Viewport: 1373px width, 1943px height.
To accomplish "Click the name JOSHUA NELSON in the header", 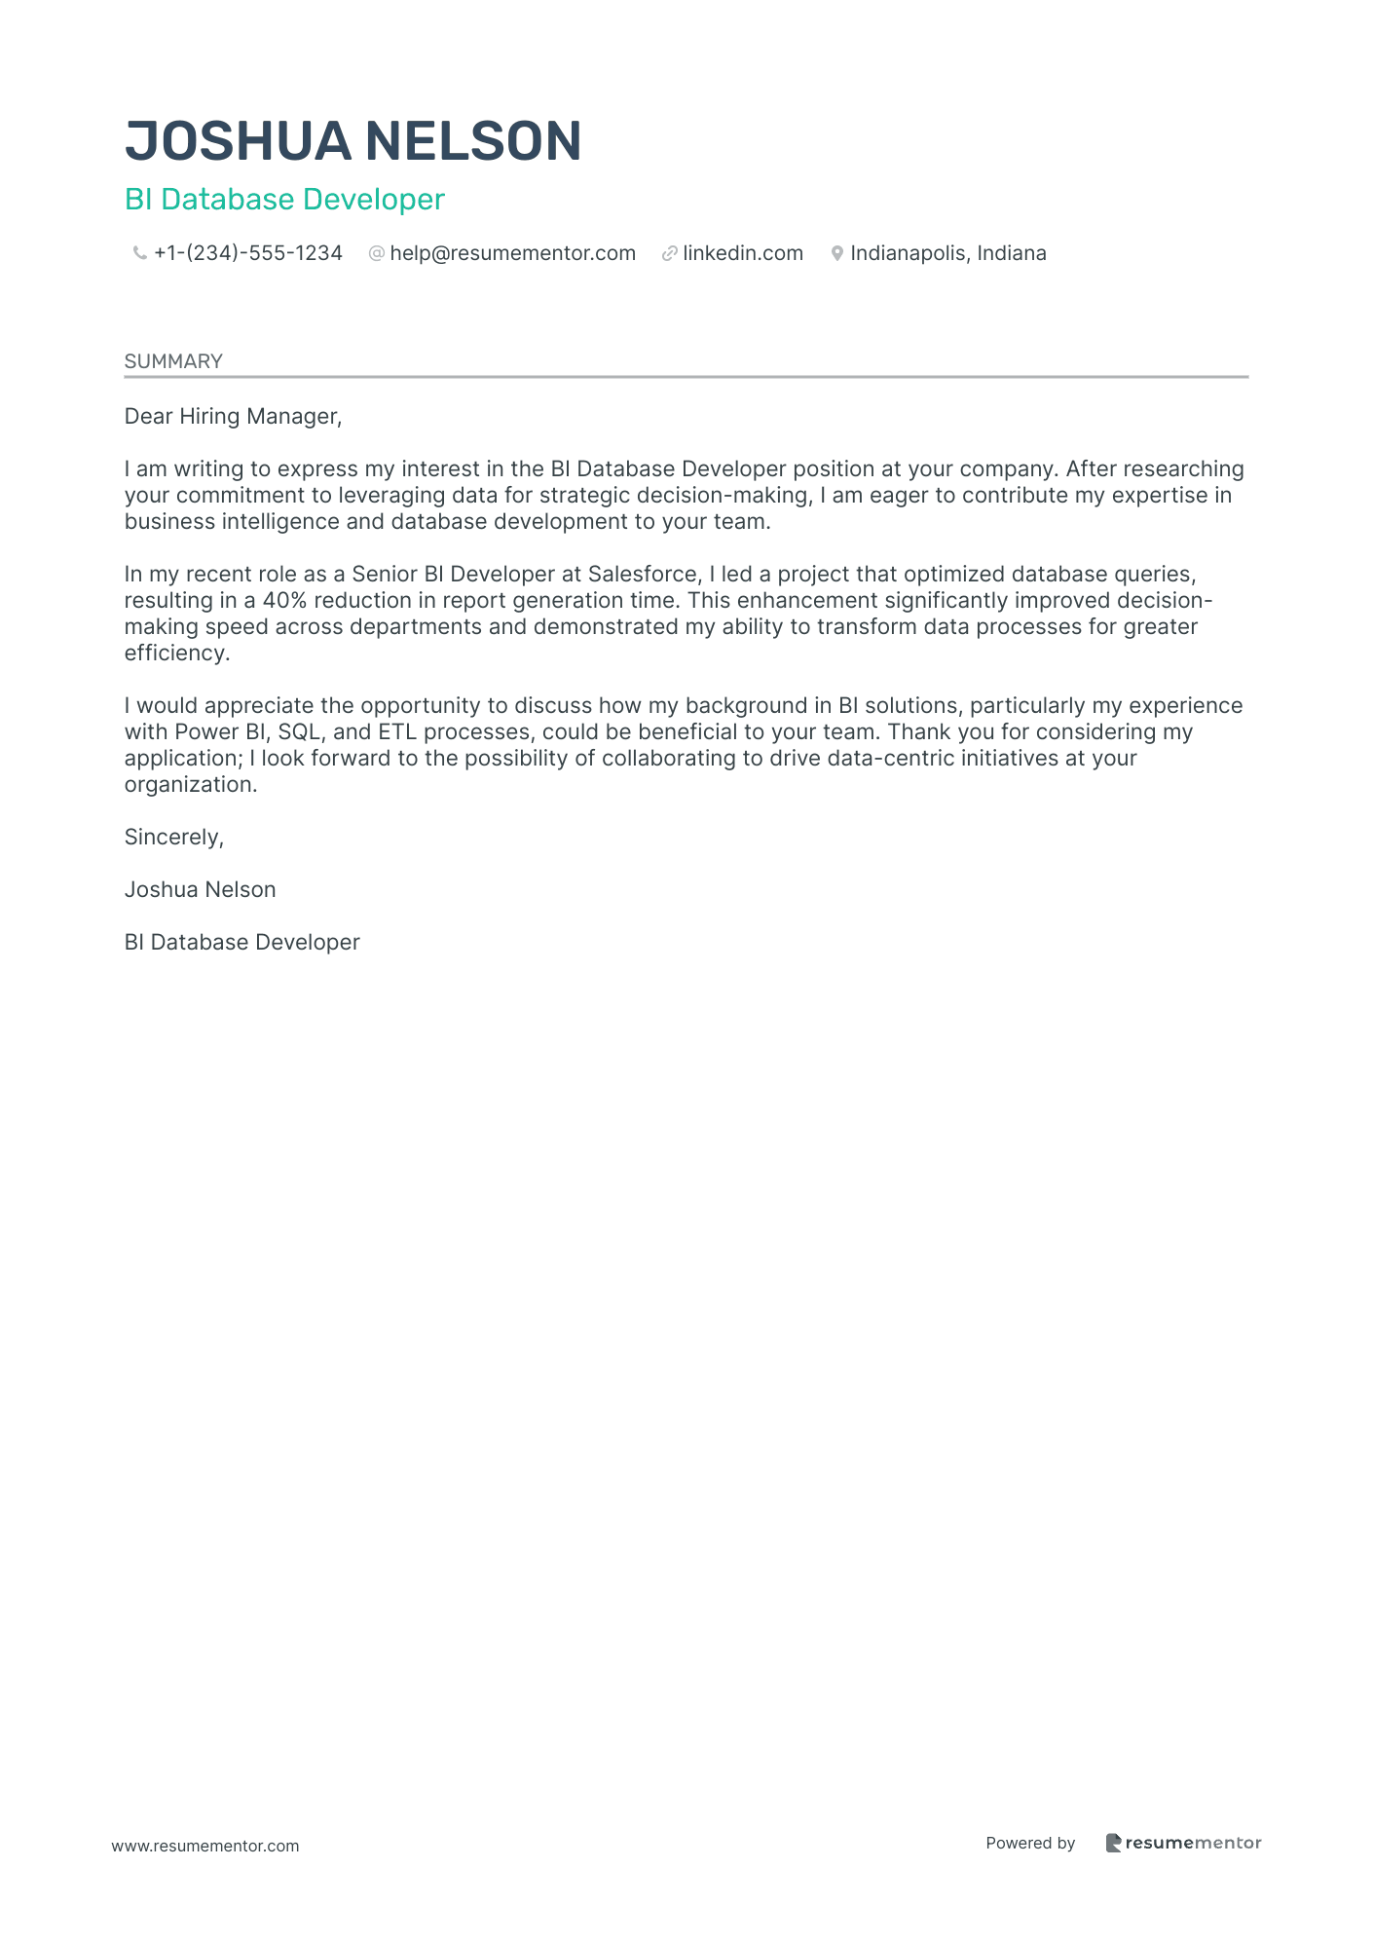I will pos(353,141).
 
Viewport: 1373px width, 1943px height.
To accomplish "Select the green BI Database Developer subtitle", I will pos(284,200).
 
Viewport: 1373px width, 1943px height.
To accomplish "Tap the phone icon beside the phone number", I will pos(139,254).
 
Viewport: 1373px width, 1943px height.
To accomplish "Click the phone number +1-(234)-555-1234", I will pos(248,254).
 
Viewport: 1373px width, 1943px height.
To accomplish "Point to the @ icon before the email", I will pos(376,254).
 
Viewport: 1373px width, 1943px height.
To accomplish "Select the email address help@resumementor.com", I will pos(512,254).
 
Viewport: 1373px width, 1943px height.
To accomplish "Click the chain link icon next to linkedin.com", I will pos(669,254).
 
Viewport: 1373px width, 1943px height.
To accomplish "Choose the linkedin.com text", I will pos(743,254).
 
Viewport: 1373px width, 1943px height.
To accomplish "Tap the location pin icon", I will pos(836,254).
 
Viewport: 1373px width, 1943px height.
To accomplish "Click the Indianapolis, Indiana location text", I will pos(948,254).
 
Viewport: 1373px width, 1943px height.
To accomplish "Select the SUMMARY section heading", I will pos(173,361).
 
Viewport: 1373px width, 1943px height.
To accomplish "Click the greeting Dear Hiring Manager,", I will pos(233,417).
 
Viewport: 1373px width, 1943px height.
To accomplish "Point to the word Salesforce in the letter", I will pos(643,575).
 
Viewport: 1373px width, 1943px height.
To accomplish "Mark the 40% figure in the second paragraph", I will pos(284,601).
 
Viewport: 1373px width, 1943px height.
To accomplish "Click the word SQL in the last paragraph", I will pos(299,732).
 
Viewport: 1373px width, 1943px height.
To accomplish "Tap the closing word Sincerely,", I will pos(174,838).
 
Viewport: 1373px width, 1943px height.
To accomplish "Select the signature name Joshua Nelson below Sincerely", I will pos(200,890).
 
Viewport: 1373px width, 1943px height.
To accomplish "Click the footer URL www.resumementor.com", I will pos(205,1847).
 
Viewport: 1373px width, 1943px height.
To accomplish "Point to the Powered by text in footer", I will pos(1030,1844).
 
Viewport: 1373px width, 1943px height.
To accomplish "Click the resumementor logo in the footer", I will pos(1183,1844).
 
